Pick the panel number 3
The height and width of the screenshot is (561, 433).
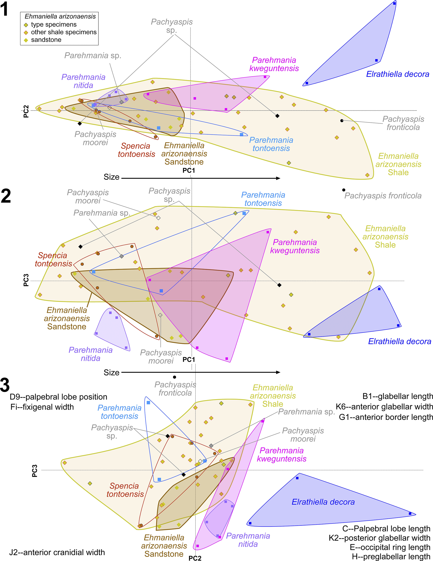coord(5,385)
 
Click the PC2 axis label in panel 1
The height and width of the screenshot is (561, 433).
coord(26,112)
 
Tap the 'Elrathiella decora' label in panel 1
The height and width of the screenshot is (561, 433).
coord(398,74)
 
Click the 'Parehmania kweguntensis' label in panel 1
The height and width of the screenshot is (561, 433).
coord(274,64)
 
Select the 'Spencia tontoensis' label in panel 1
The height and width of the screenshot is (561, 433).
coord(136,150)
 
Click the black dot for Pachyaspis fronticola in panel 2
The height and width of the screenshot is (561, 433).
coord(344,190)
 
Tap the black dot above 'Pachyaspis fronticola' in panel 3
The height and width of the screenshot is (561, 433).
coord(175,377)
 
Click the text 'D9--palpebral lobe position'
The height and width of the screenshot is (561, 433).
coord(58,397)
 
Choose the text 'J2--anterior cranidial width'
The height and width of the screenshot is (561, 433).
coord(57,552)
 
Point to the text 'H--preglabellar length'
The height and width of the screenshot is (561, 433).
coord(391,557)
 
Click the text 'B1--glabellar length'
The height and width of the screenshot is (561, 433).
coord(398,396)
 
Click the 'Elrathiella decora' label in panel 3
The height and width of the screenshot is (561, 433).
coord(323,502)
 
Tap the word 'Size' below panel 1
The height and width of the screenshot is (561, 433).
coord(112,177)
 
